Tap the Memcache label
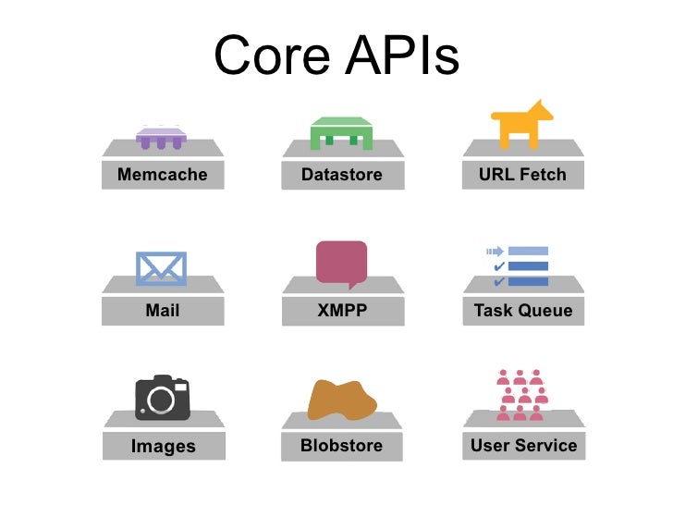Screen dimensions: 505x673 pyautogui.click(x=163, y=174)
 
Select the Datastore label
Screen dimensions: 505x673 pyautogui.click(x=341, y=174)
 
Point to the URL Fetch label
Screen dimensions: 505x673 pyautogui.click(x=522, y=174)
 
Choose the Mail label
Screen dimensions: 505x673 pyautogui.click(x=163, y=311)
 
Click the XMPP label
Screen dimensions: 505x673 pyautogui.click(x=342, y=311)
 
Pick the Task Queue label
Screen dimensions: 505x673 pyautogui.click(x=522, y=311)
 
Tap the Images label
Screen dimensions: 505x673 pyautogui.click(x=163, y=447)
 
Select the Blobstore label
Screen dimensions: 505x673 pyautogui.click(x=341, y=446)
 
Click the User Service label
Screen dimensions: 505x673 pyautogui.click(x=523, y=446)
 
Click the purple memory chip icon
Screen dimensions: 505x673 pyautogui.click(x=162, y=138)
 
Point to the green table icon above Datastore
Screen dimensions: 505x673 pyautogui.click(x=341, y=133)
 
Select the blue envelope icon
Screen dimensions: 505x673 pyautogui.click(x=162, y=268)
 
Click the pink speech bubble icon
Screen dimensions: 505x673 pyautogui.click(x=341, y=262)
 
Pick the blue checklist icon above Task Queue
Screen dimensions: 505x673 pyautogui.click(x=518, y=266)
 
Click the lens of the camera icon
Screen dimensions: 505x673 pyautogui.click(x=162, y=400)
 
